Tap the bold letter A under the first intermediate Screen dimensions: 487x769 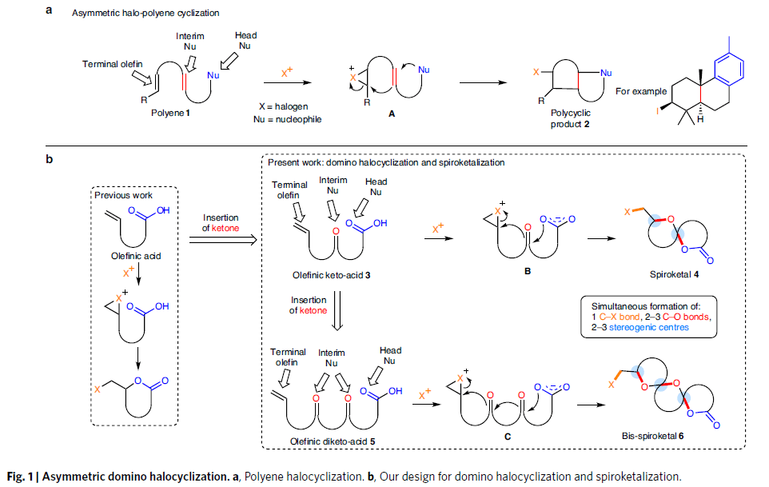(392, 114)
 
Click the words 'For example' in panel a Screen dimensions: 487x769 (640, 91)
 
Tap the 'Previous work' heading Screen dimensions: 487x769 (122, 195)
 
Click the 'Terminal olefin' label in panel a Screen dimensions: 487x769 (112, 64)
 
